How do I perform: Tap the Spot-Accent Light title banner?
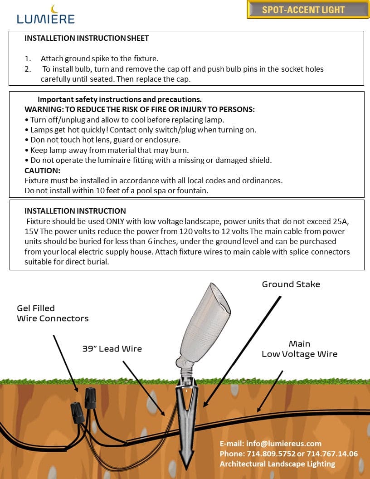click(x=303, y=10)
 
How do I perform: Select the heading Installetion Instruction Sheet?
click(x=87, y=38)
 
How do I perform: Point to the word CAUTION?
click(x=42, y=171)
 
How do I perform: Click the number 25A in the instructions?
click(x=344, y=221)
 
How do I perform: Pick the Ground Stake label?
click(x=291, y=284)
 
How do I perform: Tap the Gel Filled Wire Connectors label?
click(x=53, y=313)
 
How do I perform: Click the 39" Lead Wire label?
click(x=112, y=349)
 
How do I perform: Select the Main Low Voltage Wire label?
click(x=299, y=349)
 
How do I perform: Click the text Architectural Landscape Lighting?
click(x=277, y=464)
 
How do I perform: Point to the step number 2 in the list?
click(x=28, y=69)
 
